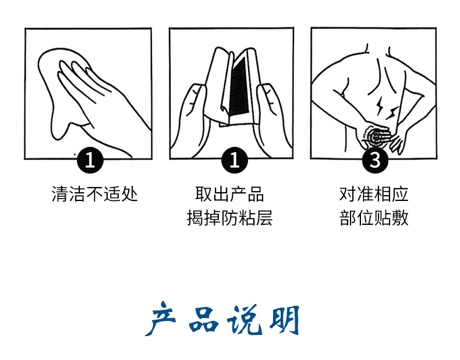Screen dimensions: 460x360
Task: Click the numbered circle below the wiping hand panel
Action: click(90, 160)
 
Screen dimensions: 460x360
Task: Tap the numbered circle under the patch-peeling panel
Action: click(235, 160)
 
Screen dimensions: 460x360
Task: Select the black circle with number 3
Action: click(375, 160)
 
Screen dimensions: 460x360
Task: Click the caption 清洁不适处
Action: click(94, 194)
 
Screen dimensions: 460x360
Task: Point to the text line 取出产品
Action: click(229, 194)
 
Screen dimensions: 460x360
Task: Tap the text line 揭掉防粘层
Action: click(229, 218)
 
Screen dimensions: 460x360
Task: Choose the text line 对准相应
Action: click(374, 194)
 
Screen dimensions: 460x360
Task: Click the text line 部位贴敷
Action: click(374, 218)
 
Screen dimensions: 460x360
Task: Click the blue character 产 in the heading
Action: click(161, 318)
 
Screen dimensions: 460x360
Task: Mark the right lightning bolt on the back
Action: click(392, 112)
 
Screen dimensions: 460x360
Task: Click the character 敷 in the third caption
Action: click(400, 218)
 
